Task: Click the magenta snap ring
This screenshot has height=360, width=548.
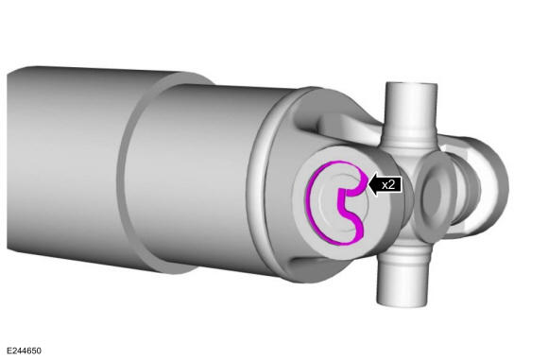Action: pyautogui.click(x=309, y=203)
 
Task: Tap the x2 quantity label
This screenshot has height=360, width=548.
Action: pyautogui.click(x=388, y=184)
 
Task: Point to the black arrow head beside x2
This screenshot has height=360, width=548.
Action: pyautogui.click(x=373, y=184)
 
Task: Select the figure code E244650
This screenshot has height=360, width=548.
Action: pyautogui.click(x=25, y=351)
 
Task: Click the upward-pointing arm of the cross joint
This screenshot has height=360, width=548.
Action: pyautogui.click(x=411, y=111)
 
